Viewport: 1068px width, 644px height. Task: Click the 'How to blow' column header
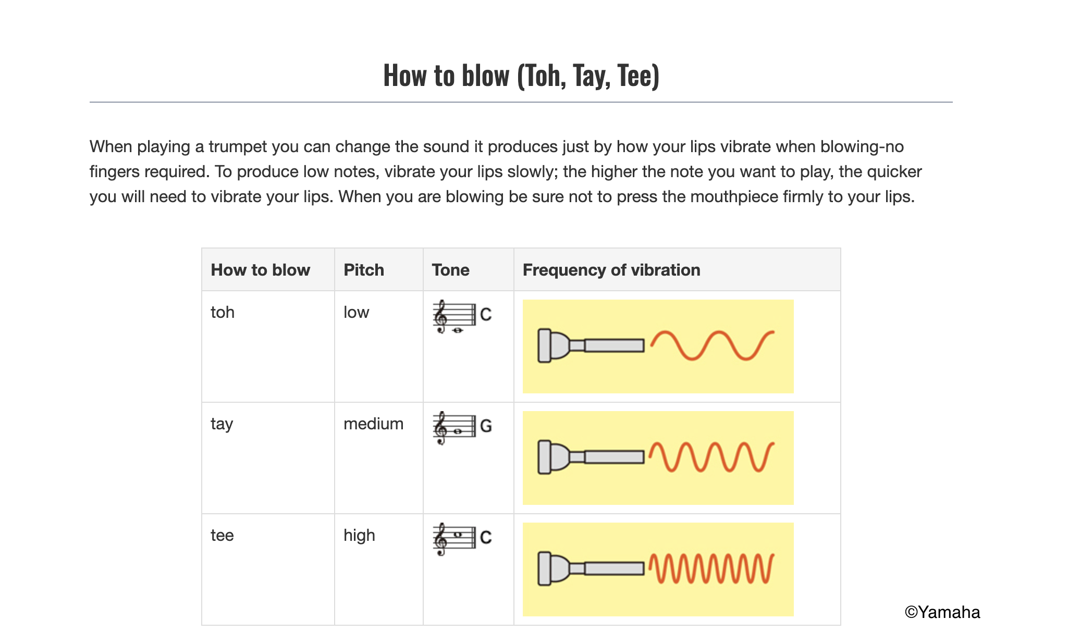pyautogui.click(x=260, y=270)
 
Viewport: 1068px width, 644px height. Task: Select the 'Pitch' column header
pyautogui.click(x=363, y=270)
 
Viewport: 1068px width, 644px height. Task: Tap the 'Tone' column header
pyautogui.click(x=450, y=270)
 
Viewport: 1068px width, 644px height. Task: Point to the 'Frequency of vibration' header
pyautogui.click(x=611, y=270)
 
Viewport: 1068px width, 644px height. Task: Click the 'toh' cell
pyautogui.click(x=223, y=312)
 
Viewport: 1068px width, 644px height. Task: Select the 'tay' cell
pyautogui.click(x=222, y=424)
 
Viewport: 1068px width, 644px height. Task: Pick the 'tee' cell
pyautogui.click(x=222, y=535)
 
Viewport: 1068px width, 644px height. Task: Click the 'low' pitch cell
pyautogui.click(x=356, y=312)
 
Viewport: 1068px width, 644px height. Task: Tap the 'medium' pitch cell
pyautogui.click(x=373, y=424)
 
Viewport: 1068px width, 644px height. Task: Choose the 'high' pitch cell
pyautogui.click(x=359, y=535)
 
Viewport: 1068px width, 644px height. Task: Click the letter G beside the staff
pyautogui.click(x=486, y=426)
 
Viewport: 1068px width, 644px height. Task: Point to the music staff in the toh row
pyautogui.click(x=454, y=316)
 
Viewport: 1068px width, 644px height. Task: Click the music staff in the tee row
pyautogui.click(x=454, y=538)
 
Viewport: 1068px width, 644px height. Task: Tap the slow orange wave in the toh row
pyautogui.click(x=713, y=345)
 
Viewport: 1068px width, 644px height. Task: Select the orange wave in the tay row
pyautogui.click(x=712, y=457)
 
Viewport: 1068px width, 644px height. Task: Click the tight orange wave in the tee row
pyautogui.click(x=712, y=568)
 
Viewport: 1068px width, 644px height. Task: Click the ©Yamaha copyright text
pyautogui.click(x=942, y=612)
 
